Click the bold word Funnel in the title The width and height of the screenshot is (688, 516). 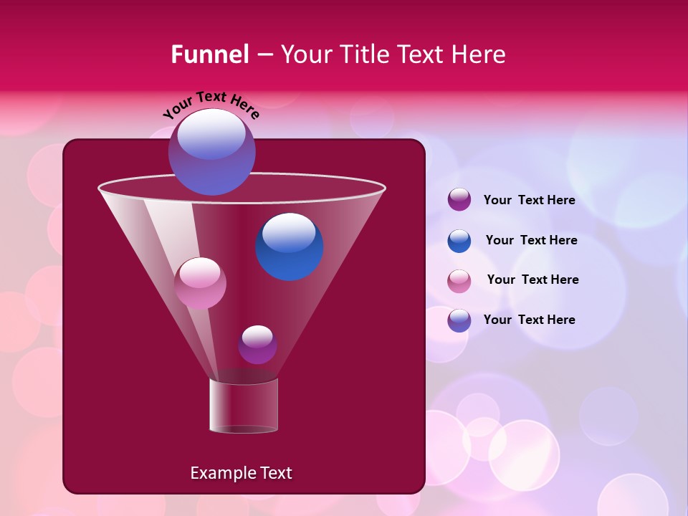click(x=209, y=54)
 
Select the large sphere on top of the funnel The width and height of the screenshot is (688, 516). click(x=211, y=152)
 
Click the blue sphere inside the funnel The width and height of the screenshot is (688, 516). click(x=289, y=247)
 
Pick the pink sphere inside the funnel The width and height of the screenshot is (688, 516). click(x=200, y=284)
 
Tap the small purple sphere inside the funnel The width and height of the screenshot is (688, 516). click(x=257, y=345)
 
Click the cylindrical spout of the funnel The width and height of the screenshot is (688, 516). click(x=243, y=406)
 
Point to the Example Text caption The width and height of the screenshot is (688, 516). click(x=241, y=473)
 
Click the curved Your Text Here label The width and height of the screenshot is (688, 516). click(x=211, y=106)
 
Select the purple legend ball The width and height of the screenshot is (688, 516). click(x=459, y=200)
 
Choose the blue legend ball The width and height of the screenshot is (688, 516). click(x=459, y=241)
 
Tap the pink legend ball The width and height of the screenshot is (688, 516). click(x=459, y=280)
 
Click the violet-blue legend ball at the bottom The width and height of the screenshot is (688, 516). click(x=459, y=320)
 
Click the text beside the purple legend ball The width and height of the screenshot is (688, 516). click(x=529, y=200)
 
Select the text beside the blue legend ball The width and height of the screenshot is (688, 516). click(x=531, y=240)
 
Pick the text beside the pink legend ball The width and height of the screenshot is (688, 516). click(x=532, y=279)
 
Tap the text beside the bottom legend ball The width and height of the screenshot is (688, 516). click(x=529, y=320)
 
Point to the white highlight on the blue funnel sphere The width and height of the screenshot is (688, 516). click(x=289, y=232)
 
